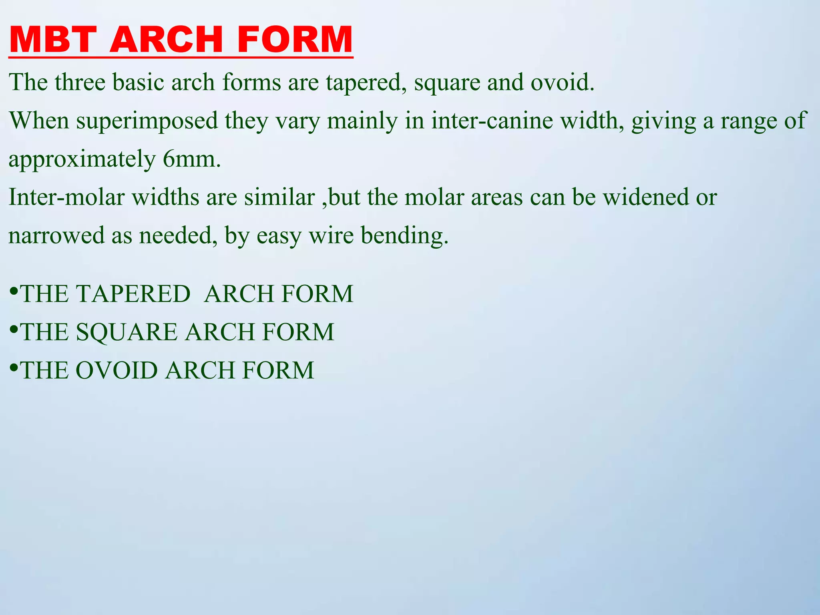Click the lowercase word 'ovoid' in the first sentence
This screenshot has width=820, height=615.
click(x=562, y=82)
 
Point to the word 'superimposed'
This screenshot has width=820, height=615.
click(x=147, y=121)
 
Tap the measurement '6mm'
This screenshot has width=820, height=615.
click(x=191, y=159)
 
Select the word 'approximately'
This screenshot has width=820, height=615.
click(x=82, y=160)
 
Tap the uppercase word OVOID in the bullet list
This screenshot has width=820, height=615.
click(x=117, y=370)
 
